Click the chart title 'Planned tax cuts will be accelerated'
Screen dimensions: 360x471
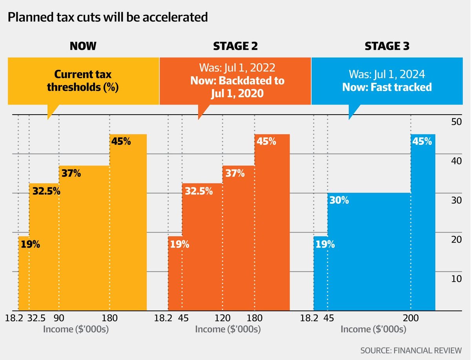point(108,18)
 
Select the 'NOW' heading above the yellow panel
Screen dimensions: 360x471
point(83,46)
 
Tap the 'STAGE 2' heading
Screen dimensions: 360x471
point(235,46)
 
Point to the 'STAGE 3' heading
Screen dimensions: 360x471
point(387,46)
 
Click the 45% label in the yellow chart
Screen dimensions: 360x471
point(121,141)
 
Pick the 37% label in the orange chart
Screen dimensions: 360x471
point(235,173)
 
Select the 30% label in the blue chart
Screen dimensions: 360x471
point(339,200)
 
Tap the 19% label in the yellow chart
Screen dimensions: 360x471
point(31,244)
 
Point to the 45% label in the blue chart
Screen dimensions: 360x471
point(422,141)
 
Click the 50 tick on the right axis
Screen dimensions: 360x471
point(456,122)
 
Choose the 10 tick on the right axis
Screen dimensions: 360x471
point(456,279)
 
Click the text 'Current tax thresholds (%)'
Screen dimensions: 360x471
point(83,80)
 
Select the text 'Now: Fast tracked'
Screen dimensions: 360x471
point(387,87)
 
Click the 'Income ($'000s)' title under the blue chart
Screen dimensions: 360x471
point(373,329)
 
